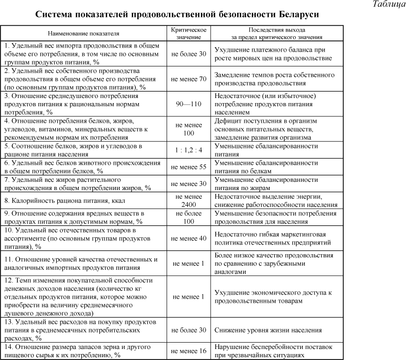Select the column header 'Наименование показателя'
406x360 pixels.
pyautogui.click(x=83, y=33)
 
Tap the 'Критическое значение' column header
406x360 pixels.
pyautogui.click(x=189, y=33)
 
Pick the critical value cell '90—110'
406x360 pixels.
pyautogui.click(x=189, y=104)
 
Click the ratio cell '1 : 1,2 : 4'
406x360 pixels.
pyautogui.click(x=189, y=150)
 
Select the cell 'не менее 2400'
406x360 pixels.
pyautogui.click(x=189, y=201)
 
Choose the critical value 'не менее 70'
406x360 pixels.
pyautogui.click(x=189, y=79)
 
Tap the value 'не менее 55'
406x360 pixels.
pyautogui.click(x=189, y=167)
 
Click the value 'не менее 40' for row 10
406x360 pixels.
pyautogui.click(x=189, y=238)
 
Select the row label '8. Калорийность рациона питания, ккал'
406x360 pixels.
pyautogui.click(x=65, y=201)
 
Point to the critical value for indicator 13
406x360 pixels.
pyautogui.click(x=189, y=330)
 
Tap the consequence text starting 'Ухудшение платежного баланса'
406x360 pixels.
pyautogui.click(x=274, y=54)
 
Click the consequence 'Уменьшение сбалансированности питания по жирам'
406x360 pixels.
pyautogui.click(x=266, y=184)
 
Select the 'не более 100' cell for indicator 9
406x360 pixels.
pyautogui.click(x=189, y=218)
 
